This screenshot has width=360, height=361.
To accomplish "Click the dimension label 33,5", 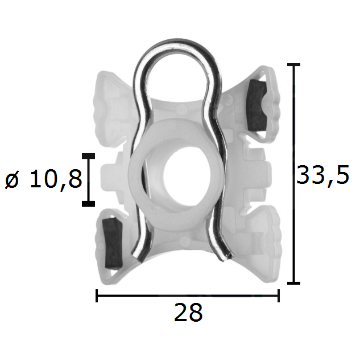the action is tap(323, 175).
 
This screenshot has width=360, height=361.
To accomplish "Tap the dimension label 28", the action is tap(188, 313).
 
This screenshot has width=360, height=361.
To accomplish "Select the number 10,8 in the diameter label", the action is tap(56, 179).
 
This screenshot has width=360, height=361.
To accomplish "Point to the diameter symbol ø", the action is tap(12, 180).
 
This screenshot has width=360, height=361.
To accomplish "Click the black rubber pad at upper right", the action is tap(256, 105).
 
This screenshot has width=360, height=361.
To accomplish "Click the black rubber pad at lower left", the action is tap(112, 243).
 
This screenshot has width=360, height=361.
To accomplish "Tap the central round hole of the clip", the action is tap(187, 177).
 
